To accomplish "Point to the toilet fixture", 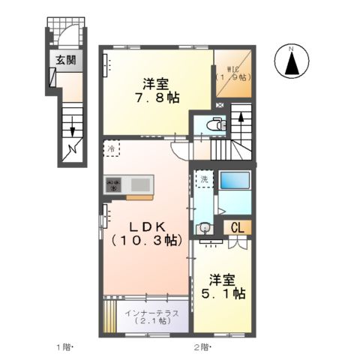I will pyautogui.click(x=218, y=126).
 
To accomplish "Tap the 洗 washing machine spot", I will pyautogui.click(x=203, y=179).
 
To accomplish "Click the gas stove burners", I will pyautogui.click(x=114, y=184).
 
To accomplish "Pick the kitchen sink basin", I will pyautogui.click(x=140, y=184).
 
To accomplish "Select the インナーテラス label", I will pyautogui.click(x=145, y=313).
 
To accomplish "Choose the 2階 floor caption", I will pyautogui.click(x=202, y=348).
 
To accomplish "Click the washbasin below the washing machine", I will pyautogui.click(x=203, y=229).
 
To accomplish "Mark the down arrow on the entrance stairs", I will pyautogui.click(x=73, y=128).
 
